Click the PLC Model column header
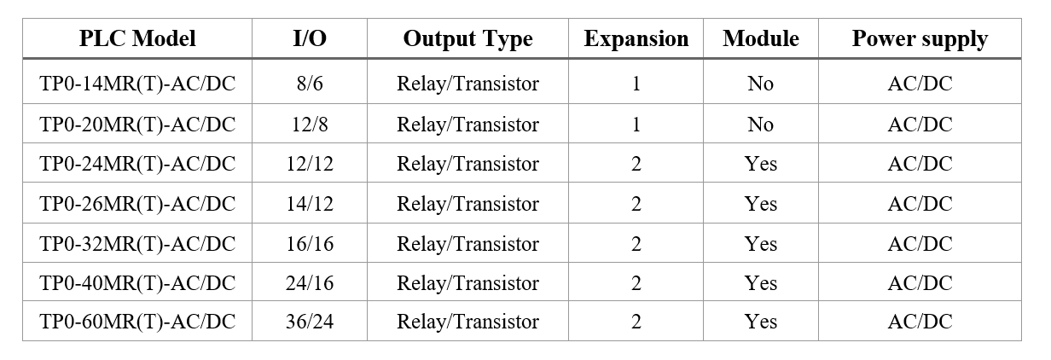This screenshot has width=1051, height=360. click(137, 38)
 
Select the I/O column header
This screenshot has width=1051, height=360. click(310, 38)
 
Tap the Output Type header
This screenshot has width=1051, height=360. click(467, 39)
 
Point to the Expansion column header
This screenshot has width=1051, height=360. click(636, 39)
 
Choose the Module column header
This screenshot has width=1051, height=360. click(761, 38)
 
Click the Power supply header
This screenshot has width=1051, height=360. click(920, 39)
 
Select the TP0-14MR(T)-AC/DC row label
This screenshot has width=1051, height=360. click(137, 84)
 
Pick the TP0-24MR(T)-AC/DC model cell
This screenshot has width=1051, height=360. click(137, 164)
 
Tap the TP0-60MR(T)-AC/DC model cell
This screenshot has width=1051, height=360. click(137, 322)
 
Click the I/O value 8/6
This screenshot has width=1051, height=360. click(310, 84)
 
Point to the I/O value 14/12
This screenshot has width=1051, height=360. click(310, 204)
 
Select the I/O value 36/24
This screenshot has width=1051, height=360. click(310, 322)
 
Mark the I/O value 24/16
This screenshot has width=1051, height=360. click(310, 283)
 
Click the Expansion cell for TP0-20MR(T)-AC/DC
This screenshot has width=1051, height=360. click(636, 125)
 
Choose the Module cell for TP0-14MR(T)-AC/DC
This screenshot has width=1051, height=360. click(761, 84)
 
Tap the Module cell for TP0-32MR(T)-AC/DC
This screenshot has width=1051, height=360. click(761, 244)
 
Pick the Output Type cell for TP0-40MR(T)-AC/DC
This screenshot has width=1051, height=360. click(467, 283)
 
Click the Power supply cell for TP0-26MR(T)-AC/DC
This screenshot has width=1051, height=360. click(920, 204)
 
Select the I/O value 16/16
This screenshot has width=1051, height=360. click(310, 244)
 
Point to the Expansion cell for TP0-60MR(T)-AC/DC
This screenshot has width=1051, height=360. click(636, 322)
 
